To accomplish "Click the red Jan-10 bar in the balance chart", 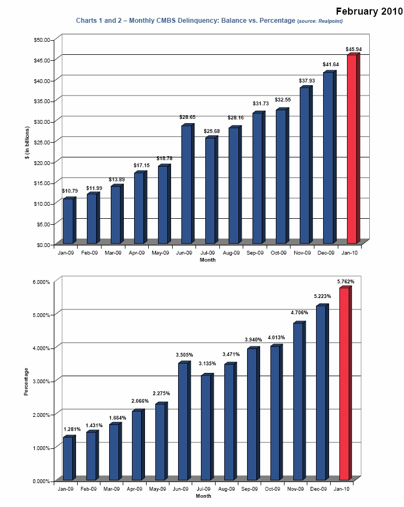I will [x=352, y=149].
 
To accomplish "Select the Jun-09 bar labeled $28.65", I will [x=186, y=185].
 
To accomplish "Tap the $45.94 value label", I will [x=353, y=49].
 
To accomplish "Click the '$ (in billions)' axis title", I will [x=26, y=142].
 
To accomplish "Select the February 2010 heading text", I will [x=369, y=11].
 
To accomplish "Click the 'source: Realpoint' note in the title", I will [x=320, y=21].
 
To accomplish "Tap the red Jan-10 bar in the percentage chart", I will [x=344, y=384].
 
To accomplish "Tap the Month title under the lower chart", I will [x=204, y=496].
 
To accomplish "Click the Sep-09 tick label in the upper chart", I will [x=255, y=252].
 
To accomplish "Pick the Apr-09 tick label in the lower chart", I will [x=134, y=489].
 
